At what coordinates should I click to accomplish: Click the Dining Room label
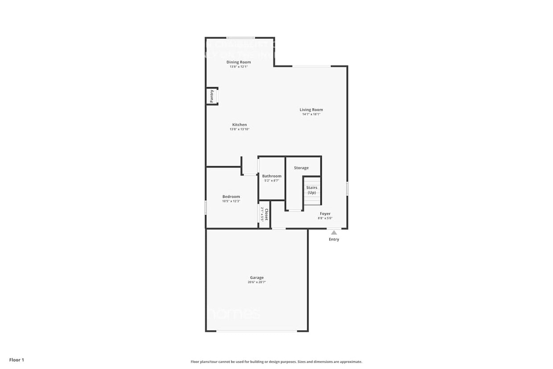tap(239, 62)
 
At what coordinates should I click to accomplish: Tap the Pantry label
tap(212, 96)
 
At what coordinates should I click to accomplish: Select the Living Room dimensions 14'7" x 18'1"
tap(311, 114)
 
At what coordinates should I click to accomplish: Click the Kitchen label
tap(239, 124)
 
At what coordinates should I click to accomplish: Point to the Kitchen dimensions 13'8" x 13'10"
tap(239, 129)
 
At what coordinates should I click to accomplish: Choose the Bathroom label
tap(272, 176)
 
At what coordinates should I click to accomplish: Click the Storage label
tap(301, 168)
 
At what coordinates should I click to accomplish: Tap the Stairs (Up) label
tap(312, 190)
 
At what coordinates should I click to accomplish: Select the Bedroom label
tap(231, 196)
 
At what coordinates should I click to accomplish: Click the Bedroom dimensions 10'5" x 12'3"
tap(231, 201)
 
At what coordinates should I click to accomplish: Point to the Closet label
tap(267, 215)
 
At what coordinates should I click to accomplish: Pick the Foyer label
tap(325, 214)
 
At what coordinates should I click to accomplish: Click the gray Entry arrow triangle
tap(334, 232)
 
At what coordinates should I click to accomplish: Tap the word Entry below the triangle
tap(334, 240)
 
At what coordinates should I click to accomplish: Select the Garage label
tap(256, 278)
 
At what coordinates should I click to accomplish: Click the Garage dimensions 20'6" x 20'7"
tap(256, 282)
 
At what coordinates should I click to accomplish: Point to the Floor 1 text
tap(17, 360)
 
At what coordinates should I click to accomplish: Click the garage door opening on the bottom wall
tap(257, 331)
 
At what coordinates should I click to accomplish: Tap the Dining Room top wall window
tap(241, 37)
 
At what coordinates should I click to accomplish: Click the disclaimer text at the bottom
tap(276, 362)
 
